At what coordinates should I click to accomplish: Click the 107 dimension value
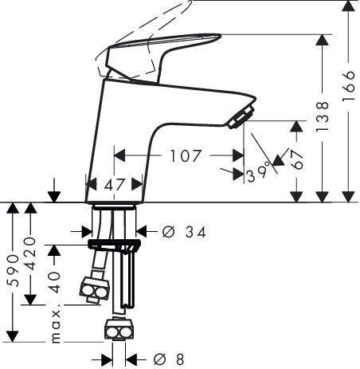(x=186, y=155)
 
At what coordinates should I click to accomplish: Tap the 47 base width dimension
(x=115, y=184)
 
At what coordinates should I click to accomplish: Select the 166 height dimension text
(x=348, y=85)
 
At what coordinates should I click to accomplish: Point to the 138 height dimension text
(x=323, y=116)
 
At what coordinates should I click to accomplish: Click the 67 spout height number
(x=296, y=159)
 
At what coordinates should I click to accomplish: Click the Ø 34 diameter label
(x=184, y=232)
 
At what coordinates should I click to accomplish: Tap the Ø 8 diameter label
(x=169, y=359)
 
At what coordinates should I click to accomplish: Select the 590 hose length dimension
(x=13, y=270)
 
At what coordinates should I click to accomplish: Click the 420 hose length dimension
(x=30, y=253)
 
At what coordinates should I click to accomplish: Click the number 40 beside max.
(x=56, y=282)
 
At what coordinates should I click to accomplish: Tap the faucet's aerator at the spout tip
(x=241, y=117)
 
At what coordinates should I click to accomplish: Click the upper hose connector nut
(x=95, y=289)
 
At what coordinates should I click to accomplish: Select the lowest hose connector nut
(x=119, y=329)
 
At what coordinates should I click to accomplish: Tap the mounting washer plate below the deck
(x=115, y=244)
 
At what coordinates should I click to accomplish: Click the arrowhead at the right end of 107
(x=238, y=155)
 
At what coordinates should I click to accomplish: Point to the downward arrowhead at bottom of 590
(x=13, y=336)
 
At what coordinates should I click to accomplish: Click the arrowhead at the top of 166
(x=348, y=6)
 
